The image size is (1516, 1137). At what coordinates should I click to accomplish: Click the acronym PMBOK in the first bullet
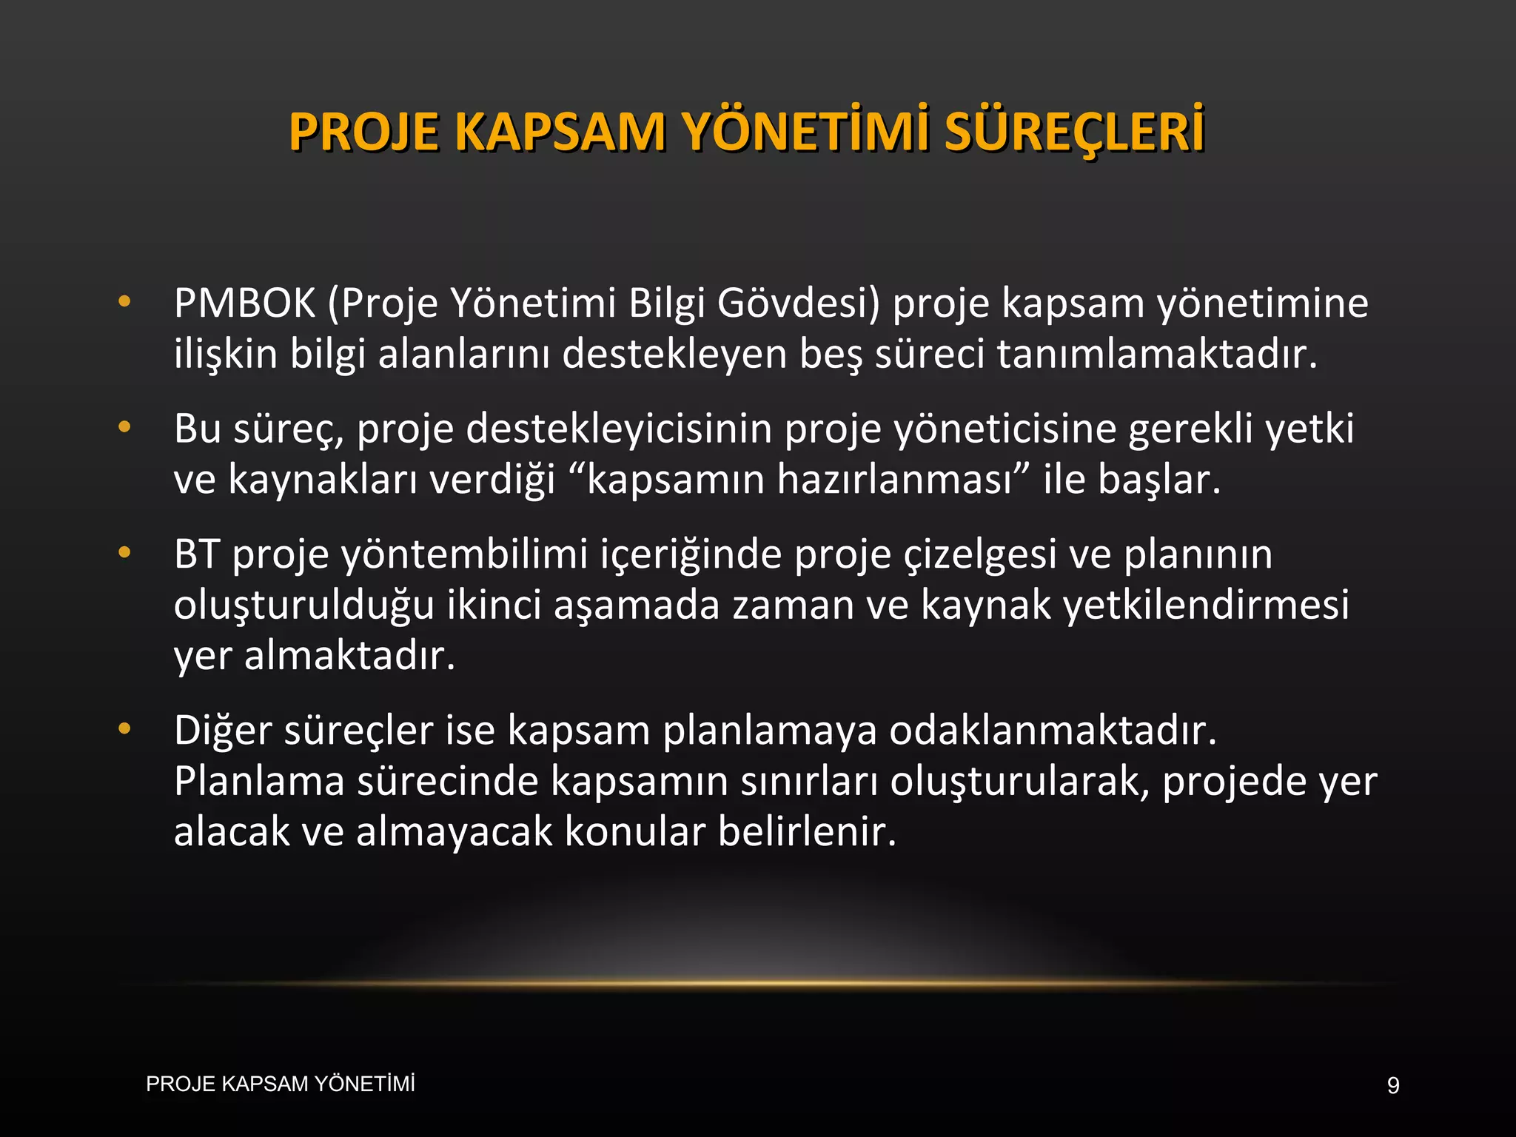245,303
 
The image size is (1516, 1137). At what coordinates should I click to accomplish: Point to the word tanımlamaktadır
1157,354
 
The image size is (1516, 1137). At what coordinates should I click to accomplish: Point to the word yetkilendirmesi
1206,605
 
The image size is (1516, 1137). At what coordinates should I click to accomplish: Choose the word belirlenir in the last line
807,831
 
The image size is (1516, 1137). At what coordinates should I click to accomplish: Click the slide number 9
1393,1086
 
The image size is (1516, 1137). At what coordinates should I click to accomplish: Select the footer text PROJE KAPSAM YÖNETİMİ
281,1084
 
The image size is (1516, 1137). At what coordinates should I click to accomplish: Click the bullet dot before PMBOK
124,302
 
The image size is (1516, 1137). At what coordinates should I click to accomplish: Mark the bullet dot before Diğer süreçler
124,729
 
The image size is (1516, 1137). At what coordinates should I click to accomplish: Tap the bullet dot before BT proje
124,552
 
